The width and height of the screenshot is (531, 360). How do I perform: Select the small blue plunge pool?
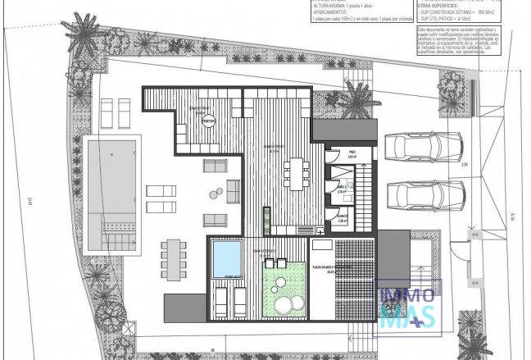click(225, 256)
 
